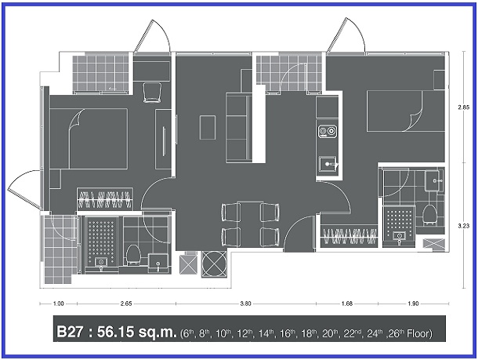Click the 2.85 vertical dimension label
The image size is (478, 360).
coord(463,107)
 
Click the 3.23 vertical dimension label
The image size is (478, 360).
coord(463,226)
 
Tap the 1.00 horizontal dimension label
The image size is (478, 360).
coord(58,304)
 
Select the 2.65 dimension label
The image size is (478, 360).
coord(126,304)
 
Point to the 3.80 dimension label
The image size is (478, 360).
coord(245,304)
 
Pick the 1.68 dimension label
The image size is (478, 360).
coord(347,304)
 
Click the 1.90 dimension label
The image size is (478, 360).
coord(413,304)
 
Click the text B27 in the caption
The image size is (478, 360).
coord(70,332)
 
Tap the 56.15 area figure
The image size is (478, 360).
coord(115,332)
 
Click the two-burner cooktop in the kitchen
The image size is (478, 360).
coord(328,132)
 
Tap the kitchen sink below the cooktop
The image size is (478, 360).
coord(328,164)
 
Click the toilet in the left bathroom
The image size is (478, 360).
coord(133,254)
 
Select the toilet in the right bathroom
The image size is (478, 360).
coord(430,214)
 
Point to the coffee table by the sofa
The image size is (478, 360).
coord(208,128)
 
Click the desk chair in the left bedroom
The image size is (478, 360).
coord(152,93)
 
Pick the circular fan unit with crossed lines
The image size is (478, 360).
coord(214,264)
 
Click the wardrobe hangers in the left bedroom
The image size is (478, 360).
coord(104,199)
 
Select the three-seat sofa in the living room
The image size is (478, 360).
coord(239,128)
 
